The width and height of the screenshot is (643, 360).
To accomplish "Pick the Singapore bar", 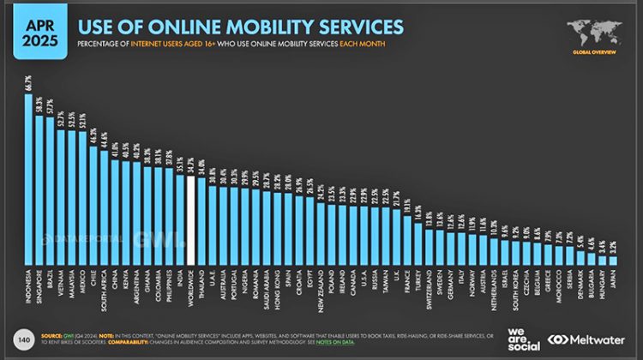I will [x=39, y=193].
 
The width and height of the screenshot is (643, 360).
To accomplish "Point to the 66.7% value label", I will [x=28, y=83].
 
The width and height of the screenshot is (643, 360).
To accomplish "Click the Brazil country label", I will [x=51, y=280].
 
